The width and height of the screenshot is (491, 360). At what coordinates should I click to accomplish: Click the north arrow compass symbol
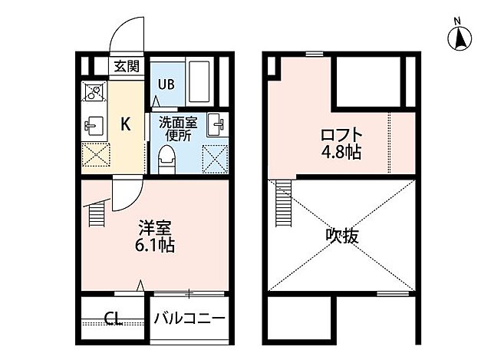460,37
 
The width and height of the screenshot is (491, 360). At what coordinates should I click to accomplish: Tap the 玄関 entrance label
127,66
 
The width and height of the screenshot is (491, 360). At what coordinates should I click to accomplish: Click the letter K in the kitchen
125,122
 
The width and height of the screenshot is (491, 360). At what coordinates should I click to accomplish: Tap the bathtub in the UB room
203,83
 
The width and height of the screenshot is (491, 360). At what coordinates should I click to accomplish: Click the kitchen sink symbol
94,124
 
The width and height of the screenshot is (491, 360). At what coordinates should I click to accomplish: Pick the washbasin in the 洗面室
216,123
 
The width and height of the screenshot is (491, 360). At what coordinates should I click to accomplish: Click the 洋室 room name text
154,228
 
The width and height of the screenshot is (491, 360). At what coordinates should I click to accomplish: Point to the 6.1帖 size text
155,246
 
